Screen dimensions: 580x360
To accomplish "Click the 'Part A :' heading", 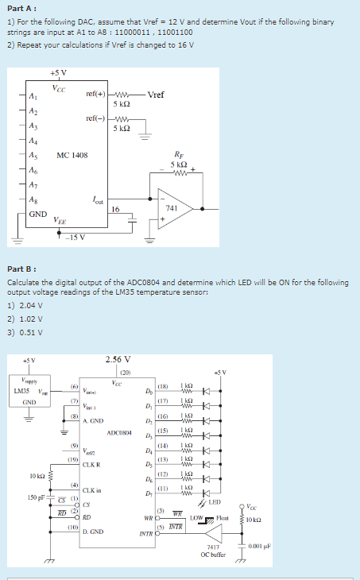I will pos(21,8).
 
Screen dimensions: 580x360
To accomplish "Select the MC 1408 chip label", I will pos(72,155).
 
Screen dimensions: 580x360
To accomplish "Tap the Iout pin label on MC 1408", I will pos(97,200).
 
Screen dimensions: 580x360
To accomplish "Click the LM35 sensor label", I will pos(21,390).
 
